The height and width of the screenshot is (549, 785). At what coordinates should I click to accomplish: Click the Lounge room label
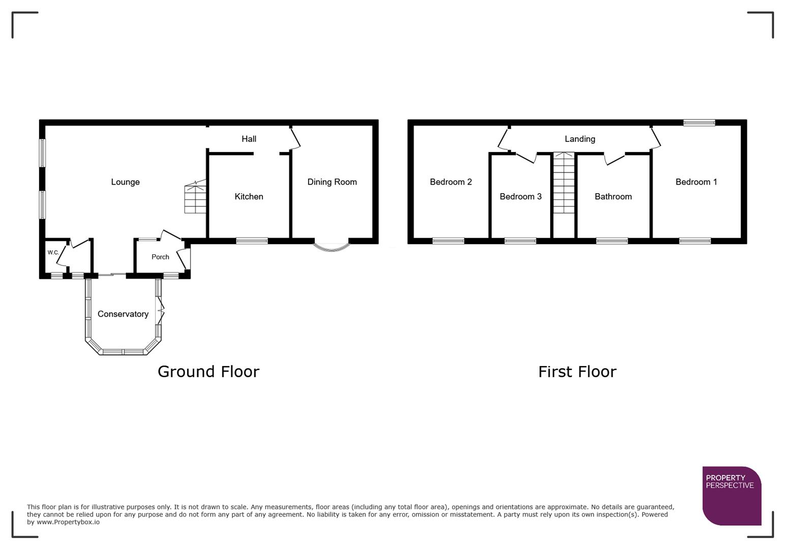(x=125, y=182)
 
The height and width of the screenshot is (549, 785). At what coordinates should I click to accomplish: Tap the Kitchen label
(x=249, y=197)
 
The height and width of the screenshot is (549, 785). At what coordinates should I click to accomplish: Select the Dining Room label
(x=332, y=182)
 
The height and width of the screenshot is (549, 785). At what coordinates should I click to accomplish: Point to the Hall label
(x=249, y=139)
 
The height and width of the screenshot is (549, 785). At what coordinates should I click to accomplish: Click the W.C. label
(x=53, y=252)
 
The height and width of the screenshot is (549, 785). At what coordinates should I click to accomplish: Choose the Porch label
(x=160, y=257)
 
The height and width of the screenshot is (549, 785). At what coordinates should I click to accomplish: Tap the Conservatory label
(x=123, y=314)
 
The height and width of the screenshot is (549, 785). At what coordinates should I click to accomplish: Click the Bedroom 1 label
(x=696, y=182)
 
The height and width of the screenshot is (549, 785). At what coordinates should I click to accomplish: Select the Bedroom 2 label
(x=450, y=182)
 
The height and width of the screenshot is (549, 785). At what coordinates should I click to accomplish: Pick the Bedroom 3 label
(x=520, y=197)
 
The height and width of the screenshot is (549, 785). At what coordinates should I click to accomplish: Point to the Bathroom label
(x=613, y=197)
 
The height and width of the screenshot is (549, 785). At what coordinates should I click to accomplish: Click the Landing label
(x=580, y=139)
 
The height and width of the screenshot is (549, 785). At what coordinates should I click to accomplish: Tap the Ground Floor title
(x=208, y=372)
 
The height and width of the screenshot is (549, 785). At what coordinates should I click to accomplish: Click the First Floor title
(x=577, y=372)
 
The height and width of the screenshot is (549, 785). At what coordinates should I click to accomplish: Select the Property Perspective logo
(x=731, y=496)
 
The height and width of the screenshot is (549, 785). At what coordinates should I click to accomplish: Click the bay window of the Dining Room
(x=331, y=247)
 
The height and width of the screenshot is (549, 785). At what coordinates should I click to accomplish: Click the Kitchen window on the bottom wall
(x=252, y=241)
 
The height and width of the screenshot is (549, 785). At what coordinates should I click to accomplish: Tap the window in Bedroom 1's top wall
(x=699, y=123)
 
